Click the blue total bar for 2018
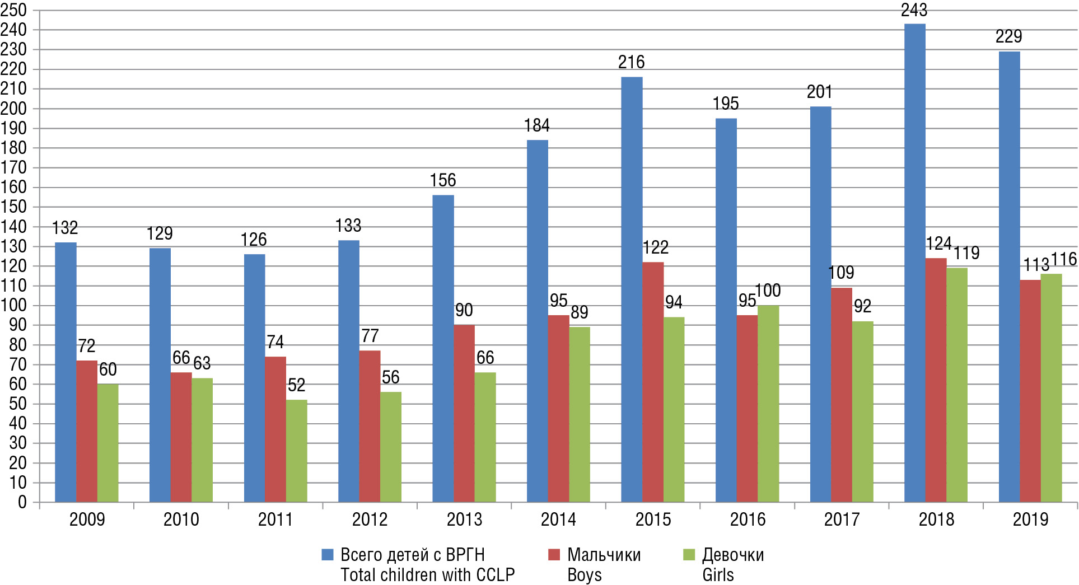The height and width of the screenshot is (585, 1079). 914,263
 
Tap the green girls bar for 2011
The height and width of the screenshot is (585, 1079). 296,451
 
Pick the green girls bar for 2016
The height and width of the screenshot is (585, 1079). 768,404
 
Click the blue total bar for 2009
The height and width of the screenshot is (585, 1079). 66,372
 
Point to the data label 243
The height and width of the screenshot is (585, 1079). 914,10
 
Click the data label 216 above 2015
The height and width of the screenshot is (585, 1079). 631,62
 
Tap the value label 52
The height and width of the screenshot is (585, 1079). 296,385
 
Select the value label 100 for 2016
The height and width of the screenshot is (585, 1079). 768,291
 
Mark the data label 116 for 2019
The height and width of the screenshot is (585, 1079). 1063,259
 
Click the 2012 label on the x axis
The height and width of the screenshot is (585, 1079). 370,520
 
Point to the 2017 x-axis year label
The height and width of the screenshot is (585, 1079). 842,520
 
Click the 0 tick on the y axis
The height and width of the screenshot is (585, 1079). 22,502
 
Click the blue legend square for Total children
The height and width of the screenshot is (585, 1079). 328,555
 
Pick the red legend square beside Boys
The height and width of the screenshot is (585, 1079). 554,555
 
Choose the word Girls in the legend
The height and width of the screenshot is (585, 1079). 718,575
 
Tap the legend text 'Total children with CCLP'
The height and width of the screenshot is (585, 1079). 427,575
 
